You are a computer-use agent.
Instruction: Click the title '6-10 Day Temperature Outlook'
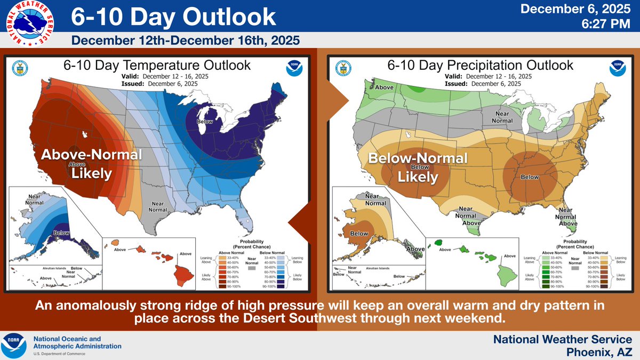pos(157,66)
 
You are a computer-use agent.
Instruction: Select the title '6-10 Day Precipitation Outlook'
pos(480,66)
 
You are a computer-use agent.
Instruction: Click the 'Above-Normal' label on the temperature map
pos(92,155)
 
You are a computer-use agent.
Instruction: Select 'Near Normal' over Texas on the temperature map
pos(157,206)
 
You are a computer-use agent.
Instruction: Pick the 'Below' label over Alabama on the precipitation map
pos(529,177)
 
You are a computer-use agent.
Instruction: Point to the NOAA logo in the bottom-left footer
pos(15,345)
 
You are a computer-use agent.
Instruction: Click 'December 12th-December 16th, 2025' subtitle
pos(185,41)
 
